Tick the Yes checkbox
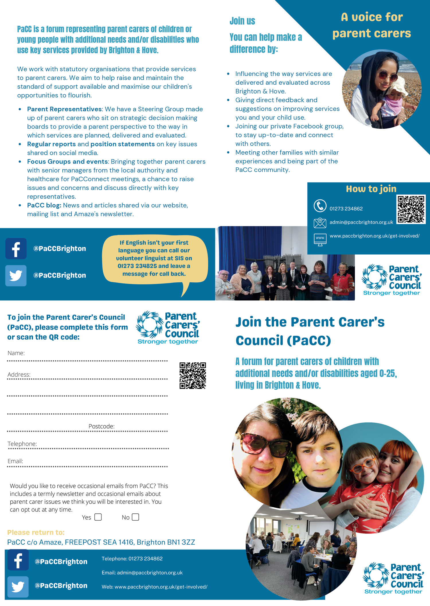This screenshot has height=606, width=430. [x=98, y=517]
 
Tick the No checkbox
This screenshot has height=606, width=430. [x=135, y=517]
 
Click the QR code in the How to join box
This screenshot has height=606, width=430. [x=411, y=209]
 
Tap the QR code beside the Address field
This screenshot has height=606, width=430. [x=193, y=376]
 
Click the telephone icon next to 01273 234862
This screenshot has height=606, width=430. [x=320, y=206]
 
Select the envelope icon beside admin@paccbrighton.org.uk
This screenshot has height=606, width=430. [x=320, y=223]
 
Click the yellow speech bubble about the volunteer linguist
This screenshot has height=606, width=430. [x=155, y=258]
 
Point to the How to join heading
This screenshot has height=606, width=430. [x=371, y=189]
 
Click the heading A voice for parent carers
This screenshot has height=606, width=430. [x=372, y=25]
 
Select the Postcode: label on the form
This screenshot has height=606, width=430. [x=101, y=426]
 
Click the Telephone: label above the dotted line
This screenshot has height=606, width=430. [x=22, y=444]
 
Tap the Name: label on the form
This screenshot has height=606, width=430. [x=16, y=353]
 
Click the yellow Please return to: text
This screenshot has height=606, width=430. [x=36, y=532]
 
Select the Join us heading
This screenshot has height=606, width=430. [x=242, y=21]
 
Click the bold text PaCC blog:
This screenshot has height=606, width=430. [x=44, y=205]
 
